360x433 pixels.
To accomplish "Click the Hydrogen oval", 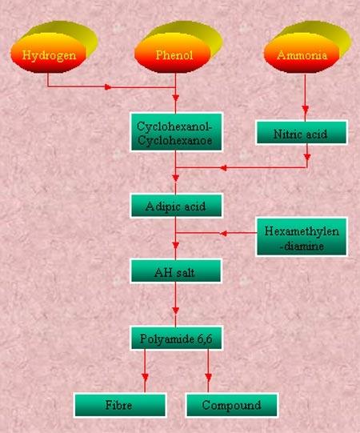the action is (49, 54).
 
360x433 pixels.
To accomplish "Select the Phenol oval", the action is (173, 54).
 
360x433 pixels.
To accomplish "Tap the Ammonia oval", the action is (302, 54).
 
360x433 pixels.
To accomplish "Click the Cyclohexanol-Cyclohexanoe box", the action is (176, 132).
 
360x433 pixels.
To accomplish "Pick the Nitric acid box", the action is (301, 133).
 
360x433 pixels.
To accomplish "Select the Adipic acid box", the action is (176, 206).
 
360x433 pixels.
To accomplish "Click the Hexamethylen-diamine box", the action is (301, 237).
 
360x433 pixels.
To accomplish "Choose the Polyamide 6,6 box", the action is (176, 339).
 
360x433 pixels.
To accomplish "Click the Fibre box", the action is (120, 405).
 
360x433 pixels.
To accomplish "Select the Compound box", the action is (232, 405).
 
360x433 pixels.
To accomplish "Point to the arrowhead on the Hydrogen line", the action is (108, 87).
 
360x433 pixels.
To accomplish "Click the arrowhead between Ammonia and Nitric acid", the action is (305, 108).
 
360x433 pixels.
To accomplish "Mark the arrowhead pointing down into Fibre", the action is (145, 377).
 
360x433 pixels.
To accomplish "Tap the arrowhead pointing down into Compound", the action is (209, 377).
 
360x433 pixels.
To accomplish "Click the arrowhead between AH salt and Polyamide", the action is (175, 311).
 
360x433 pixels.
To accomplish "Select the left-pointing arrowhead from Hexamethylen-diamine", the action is (224, 234).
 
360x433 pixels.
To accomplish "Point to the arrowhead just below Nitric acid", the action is (307, 157).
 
